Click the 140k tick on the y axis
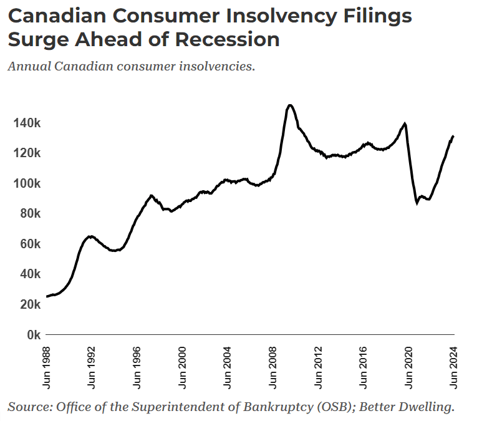(x=27, y=123)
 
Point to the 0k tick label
(x=31, y=335)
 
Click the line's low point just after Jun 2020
(x=417, y=203)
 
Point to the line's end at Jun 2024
(x=453, y=136)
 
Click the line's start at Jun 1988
(x=47, y=296)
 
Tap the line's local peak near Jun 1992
(x=91, y=236)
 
